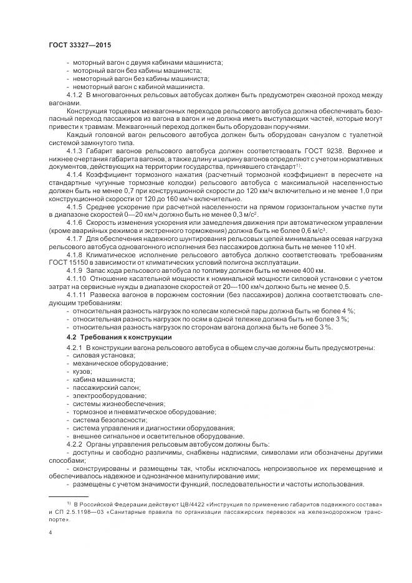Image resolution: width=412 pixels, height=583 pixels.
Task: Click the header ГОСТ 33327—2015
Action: (x=79, y=45)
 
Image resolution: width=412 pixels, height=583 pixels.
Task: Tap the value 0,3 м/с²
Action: (x=243, y=215)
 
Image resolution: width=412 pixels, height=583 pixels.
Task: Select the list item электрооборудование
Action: (x=103, y=395)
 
